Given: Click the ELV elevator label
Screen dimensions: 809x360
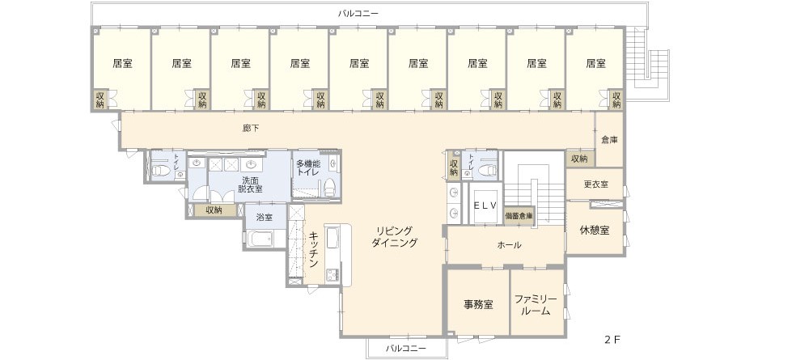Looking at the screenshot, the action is click(485, 205).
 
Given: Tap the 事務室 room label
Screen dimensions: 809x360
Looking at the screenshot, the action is click(478, 305).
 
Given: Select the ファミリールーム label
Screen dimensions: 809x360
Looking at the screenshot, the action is click(536, 305).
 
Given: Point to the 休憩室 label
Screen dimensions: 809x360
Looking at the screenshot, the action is click(595, 231).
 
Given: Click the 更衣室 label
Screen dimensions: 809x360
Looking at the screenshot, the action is click(595, 184).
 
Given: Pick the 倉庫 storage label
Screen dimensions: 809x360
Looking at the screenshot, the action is click(609, 139).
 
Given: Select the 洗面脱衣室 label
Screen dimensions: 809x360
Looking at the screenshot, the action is click(250, 185).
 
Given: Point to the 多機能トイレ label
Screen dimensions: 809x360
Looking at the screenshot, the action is click(309, 168).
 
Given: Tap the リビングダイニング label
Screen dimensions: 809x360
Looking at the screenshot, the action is click(394, 237).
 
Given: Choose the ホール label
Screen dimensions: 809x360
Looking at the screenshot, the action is click(509, 245).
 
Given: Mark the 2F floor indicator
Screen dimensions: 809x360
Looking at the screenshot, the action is click(612, 340).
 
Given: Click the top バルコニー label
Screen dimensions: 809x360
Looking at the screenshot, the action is click(358, 14).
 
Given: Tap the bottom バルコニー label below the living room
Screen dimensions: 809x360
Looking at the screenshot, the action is click(406, 349).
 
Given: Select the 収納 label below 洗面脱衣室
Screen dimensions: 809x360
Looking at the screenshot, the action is click(214, 210).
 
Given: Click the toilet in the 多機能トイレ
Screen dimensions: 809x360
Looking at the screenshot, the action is click(328, 188).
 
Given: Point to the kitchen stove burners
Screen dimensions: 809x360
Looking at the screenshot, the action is click(330, 274).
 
